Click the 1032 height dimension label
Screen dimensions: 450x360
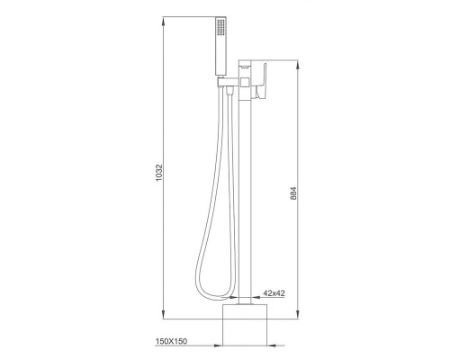pyautogui.click(x=159, y=172)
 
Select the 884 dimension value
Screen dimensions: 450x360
pyautogui.click(x=293, y=193)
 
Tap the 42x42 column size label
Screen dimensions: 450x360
pyautogui.click(x=274, y=293)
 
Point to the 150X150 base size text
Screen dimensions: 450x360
pyautogui.click(x=171, y=341)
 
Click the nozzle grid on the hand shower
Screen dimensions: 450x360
pyautogui.click(x=220, y=27)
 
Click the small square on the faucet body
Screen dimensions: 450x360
pyautogui.click(x=245, y=82)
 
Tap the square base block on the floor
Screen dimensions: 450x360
pyautogui.click(x=245, y=325)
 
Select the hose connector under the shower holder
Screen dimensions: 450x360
pyautogui.click(x=230, y=90)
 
